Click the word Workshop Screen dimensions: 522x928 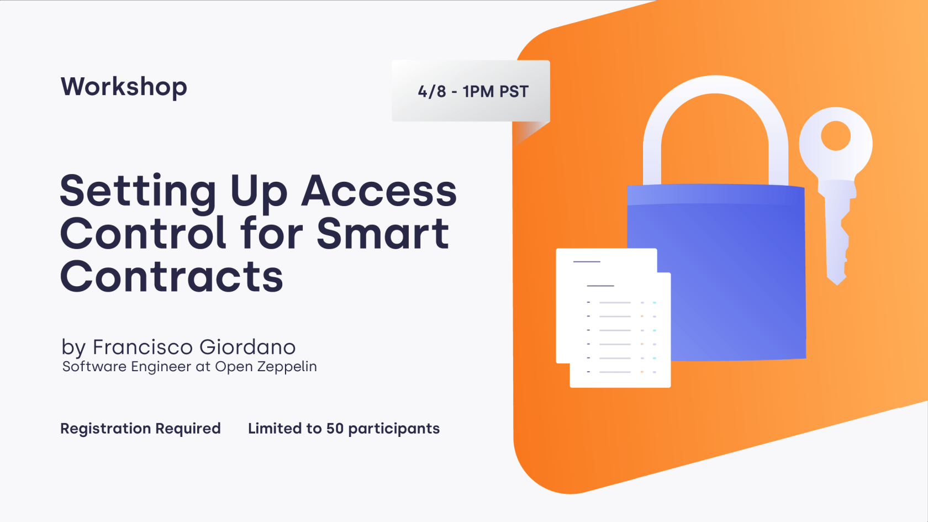[x=124, y=87]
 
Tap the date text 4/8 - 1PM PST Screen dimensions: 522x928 [x=473, y=91]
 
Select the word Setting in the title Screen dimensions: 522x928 [x=138, y=191]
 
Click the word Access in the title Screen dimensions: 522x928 [x=379, y=191]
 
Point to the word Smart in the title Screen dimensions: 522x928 [x=383, y=234]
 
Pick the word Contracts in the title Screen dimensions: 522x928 [x=171, y=276]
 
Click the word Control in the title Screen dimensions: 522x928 [x=143, y=234]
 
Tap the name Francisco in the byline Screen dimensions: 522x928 [x=143, y=347]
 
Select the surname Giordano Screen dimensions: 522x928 [x=247, y=347]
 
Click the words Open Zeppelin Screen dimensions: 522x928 [x=266, y=367]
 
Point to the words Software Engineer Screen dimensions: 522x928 [x=126, y=367]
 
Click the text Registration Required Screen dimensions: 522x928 [x=140, y=429]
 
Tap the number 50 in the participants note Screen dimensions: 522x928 [x=335, y=429]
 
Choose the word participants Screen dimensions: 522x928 [x=394, y=429]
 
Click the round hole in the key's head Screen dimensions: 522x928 [x=835, y=135]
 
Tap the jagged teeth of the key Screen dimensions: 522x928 [x=843, y=243]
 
